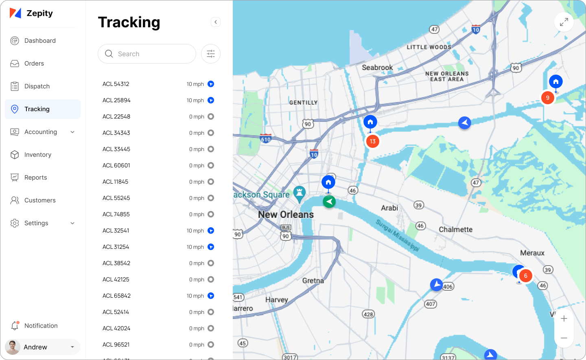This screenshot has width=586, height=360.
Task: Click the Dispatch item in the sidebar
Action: [x=37, y=86]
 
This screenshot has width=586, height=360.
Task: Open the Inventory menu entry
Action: [x=37, y=155]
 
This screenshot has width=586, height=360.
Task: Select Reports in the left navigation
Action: [x=35, y=178]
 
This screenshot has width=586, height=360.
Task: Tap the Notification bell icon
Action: [x=15, y=325]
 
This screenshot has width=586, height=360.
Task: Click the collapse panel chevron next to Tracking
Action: [x=216, y=22]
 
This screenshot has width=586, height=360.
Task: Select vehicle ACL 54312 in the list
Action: [x=116, y=84]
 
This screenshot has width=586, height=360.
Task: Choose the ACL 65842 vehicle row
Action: [x=117, y=296]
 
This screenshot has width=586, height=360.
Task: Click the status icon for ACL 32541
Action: [x=211, y=230]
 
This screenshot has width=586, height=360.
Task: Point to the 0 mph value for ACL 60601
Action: [x=197, y=165]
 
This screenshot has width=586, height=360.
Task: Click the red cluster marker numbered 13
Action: [x=373, y=141]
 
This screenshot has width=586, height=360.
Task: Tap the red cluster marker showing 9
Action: [x=548, y=98]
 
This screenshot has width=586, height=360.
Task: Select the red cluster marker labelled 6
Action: [x=526, y=276]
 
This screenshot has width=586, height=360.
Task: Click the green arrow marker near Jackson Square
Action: [x=329, y=201]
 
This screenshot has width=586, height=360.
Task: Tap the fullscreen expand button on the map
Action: [x=564, y=22]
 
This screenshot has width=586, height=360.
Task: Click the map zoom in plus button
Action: [x=564, y=318]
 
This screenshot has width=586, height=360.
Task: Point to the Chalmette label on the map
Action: [x=455, y=229]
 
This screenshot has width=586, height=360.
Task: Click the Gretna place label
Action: [x=313, y=281]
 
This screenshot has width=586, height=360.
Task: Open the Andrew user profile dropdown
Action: [x=43, y=347]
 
